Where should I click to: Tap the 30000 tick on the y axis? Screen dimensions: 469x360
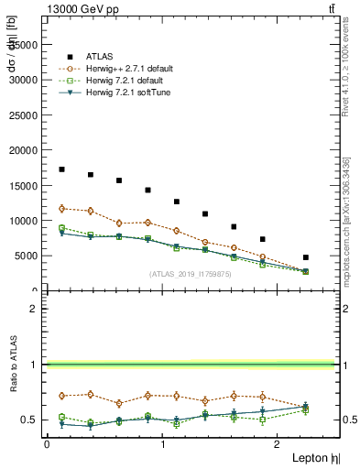25,80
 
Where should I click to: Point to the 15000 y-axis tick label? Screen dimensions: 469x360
25,185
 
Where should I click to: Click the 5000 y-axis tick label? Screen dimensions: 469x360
27,256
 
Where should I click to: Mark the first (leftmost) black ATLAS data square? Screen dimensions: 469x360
61,169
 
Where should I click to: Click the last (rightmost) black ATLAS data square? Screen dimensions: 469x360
305,257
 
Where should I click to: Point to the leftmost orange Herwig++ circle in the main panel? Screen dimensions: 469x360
61,209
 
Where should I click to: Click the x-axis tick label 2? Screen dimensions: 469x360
279,443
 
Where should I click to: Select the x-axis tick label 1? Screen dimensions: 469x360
162,443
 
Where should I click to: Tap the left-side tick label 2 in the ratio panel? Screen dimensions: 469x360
34,309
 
